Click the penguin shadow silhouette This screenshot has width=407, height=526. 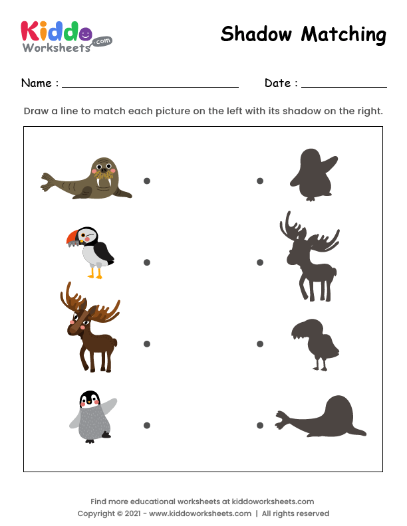311,175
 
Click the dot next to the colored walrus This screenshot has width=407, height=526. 147,181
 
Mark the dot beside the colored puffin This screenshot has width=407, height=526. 147,262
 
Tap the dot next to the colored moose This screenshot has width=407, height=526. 147,344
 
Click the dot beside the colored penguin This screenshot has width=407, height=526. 147,425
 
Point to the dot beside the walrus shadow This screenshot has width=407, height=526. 260,425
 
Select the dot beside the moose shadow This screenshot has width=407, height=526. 260,262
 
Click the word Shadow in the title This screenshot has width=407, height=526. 257,34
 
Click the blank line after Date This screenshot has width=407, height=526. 344,84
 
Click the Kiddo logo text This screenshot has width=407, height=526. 57,32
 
